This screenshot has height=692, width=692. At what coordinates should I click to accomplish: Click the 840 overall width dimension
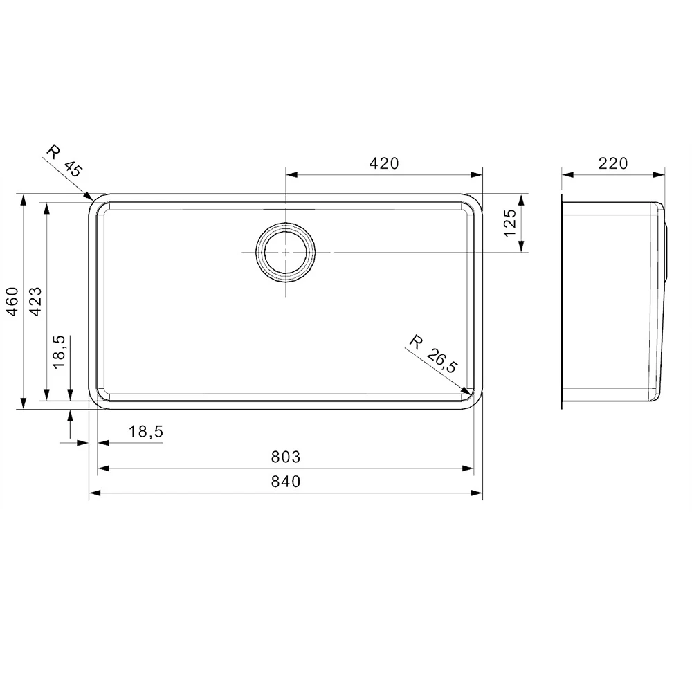286,482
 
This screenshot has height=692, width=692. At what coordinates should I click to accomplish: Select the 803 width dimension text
286,457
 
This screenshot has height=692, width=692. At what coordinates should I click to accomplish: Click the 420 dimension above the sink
385,163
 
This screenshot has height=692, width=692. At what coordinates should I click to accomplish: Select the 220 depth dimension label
613,163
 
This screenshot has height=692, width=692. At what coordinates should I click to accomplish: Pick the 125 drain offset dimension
510,223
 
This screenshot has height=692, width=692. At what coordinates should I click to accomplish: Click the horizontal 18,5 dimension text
145,432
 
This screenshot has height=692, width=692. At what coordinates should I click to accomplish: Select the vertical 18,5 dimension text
59,351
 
